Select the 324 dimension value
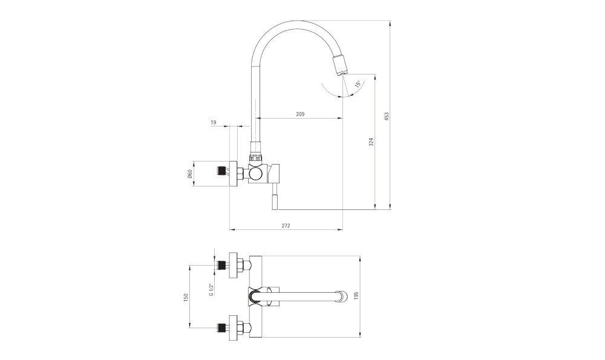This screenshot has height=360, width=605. coord(372,142)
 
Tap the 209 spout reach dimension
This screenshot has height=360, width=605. coord(300,114)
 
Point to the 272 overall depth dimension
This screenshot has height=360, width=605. coord(286,225)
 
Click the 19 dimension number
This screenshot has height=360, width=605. coord(214,123)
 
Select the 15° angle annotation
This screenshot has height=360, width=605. coord(358,84)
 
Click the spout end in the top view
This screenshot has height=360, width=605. coord(344,296)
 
